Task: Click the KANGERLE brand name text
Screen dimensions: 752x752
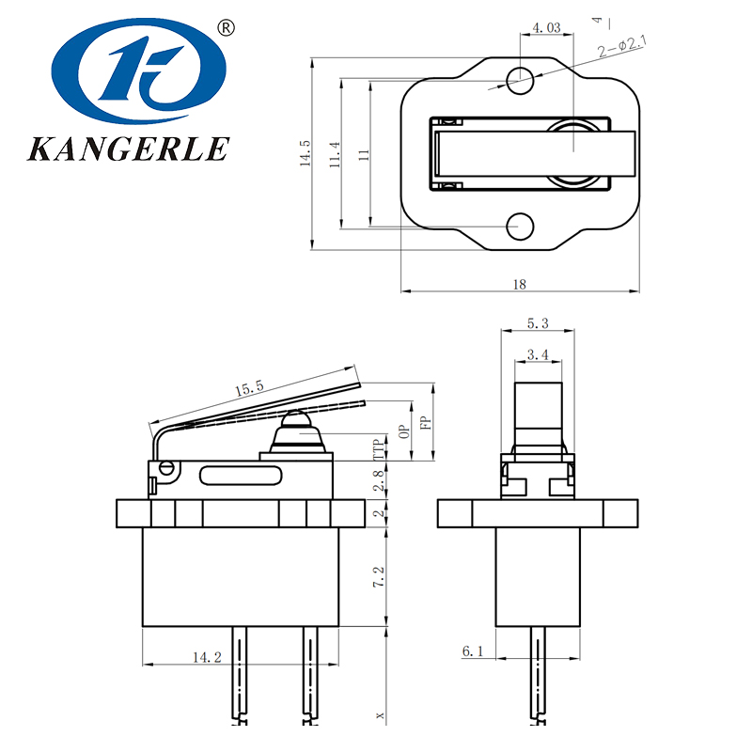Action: [129, 149]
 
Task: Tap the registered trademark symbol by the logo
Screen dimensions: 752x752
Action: [226, 27]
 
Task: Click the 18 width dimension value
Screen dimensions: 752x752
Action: [520, 284]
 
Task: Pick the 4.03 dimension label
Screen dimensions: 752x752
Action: [546, 28]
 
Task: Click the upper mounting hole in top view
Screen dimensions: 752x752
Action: [519, 78]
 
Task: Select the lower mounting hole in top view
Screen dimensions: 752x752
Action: [519, 226]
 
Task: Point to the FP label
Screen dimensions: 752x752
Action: [426, 422]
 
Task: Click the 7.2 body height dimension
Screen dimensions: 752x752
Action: [378, 577]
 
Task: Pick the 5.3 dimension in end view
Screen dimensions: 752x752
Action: [538, 323]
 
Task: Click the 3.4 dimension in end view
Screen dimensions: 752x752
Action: [538, 354]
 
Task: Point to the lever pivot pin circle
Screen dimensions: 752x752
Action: [168, 466]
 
